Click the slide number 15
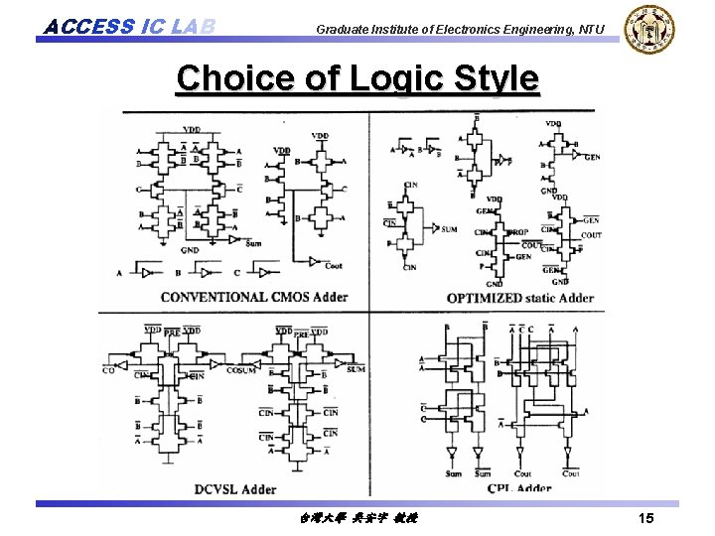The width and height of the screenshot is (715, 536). click(645, 519)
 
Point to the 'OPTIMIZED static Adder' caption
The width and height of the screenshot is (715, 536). click(520, 297)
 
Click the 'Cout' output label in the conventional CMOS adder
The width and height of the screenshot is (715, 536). click(333, 265)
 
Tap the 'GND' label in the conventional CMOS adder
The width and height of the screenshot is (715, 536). click(190, 250)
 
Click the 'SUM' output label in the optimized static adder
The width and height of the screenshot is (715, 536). click(449, 229)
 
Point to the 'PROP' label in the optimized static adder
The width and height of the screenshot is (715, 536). click(518, 232)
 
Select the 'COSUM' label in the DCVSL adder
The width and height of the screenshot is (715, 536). click(240, 369)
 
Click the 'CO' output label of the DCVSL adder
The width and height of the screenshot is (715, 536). click(108, 369)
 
